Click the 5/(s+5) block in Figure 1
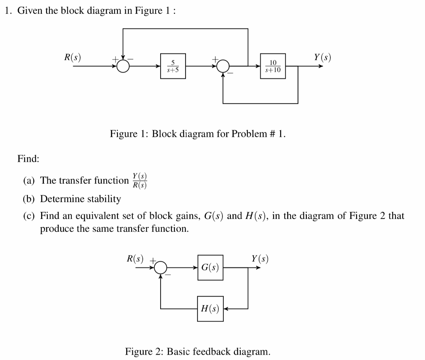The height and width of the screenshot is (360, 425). (173, 66)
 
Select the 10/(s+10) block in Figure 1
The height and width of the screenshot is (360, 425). (273, 66)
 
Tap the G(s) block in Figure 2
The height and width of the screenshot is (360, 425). (210, 268)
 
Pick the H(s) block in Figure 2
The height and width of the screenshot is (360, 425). (210, 309)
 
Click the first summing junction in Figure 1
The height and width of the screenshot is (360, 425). (123, 66)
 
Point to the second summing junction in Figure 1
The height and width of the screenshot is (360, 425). (223, 66)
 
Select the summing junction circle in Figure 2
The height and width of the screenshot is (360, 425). (161, 268)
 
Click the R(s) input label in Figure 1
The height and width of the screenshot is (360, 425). (73, 57)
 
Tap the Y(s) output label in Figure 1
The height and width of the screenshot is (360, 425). (322, 57)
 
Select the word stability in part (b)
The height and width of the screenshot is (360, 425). (104, 199)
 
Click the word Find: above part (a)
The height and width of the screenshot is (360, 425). (28, 158)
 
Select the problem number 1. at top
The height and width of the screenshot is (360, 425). (7, 11)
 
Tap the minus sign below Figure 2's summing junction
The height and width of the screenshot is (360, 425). (169, 275)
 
